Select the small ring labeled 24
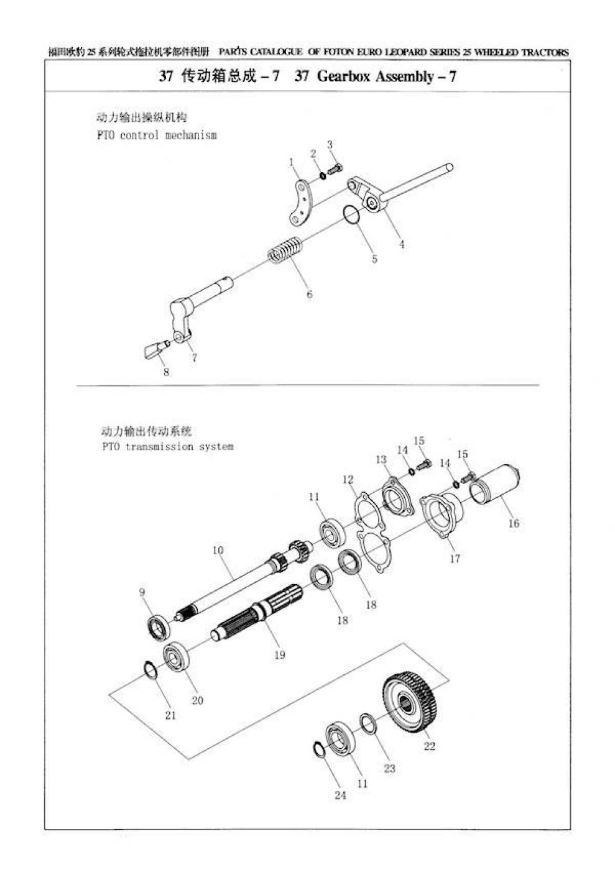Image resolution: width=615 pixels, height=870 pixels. [317, 750]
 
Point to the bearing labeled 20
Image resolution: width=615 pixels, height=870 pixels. [177, 658]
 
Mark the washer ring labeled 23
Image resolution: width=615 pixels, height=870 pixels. [368, 724]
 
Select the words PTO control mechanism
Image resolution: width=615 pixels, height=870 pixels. [157, 135]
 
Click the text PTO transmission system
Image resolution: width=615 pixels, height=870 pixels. [167, 446]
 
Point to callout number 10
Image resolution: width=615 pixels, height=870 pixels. [218, 550]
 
